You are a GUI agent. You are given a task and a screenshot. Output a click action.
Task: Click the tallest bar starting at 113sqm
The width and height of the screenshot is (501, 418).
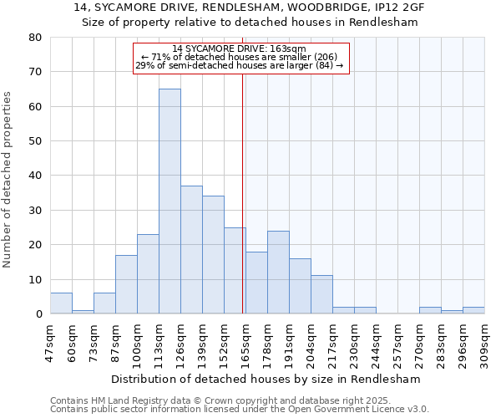click(170, 201)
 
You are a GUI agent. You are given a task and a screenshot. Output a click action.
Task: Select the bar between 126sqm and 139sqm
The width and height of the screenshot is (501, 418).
click(191, 249)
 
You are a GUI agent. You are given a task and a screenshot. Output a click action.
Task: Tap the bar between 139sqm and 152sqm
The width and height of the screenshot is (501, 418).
click(213, 254)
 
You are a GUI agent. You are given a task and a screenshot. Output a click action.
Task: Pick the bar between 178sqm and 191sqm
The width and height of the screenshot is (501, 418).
click(278, 272)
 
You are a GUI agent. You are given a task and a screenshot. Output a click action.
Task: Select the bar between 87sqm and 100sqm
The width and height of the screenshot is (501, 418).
click(126, 284)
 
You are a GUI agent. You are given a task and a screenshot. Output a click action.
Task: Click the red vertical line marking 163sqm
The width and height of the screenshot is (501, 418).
click(243, 184)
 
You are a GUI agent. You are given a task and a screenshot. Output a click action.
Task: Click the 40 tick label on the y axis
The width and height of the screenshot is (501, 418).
click(35, 176)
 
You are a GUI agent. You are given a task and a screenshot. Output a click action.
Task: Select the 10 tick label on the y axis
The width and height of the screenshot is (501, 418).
click(35, 279)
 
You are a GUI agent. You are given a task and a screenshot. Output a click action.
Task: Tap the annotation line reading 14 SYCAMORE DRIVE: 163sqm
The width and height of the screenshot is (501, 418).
click(240, 48)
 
